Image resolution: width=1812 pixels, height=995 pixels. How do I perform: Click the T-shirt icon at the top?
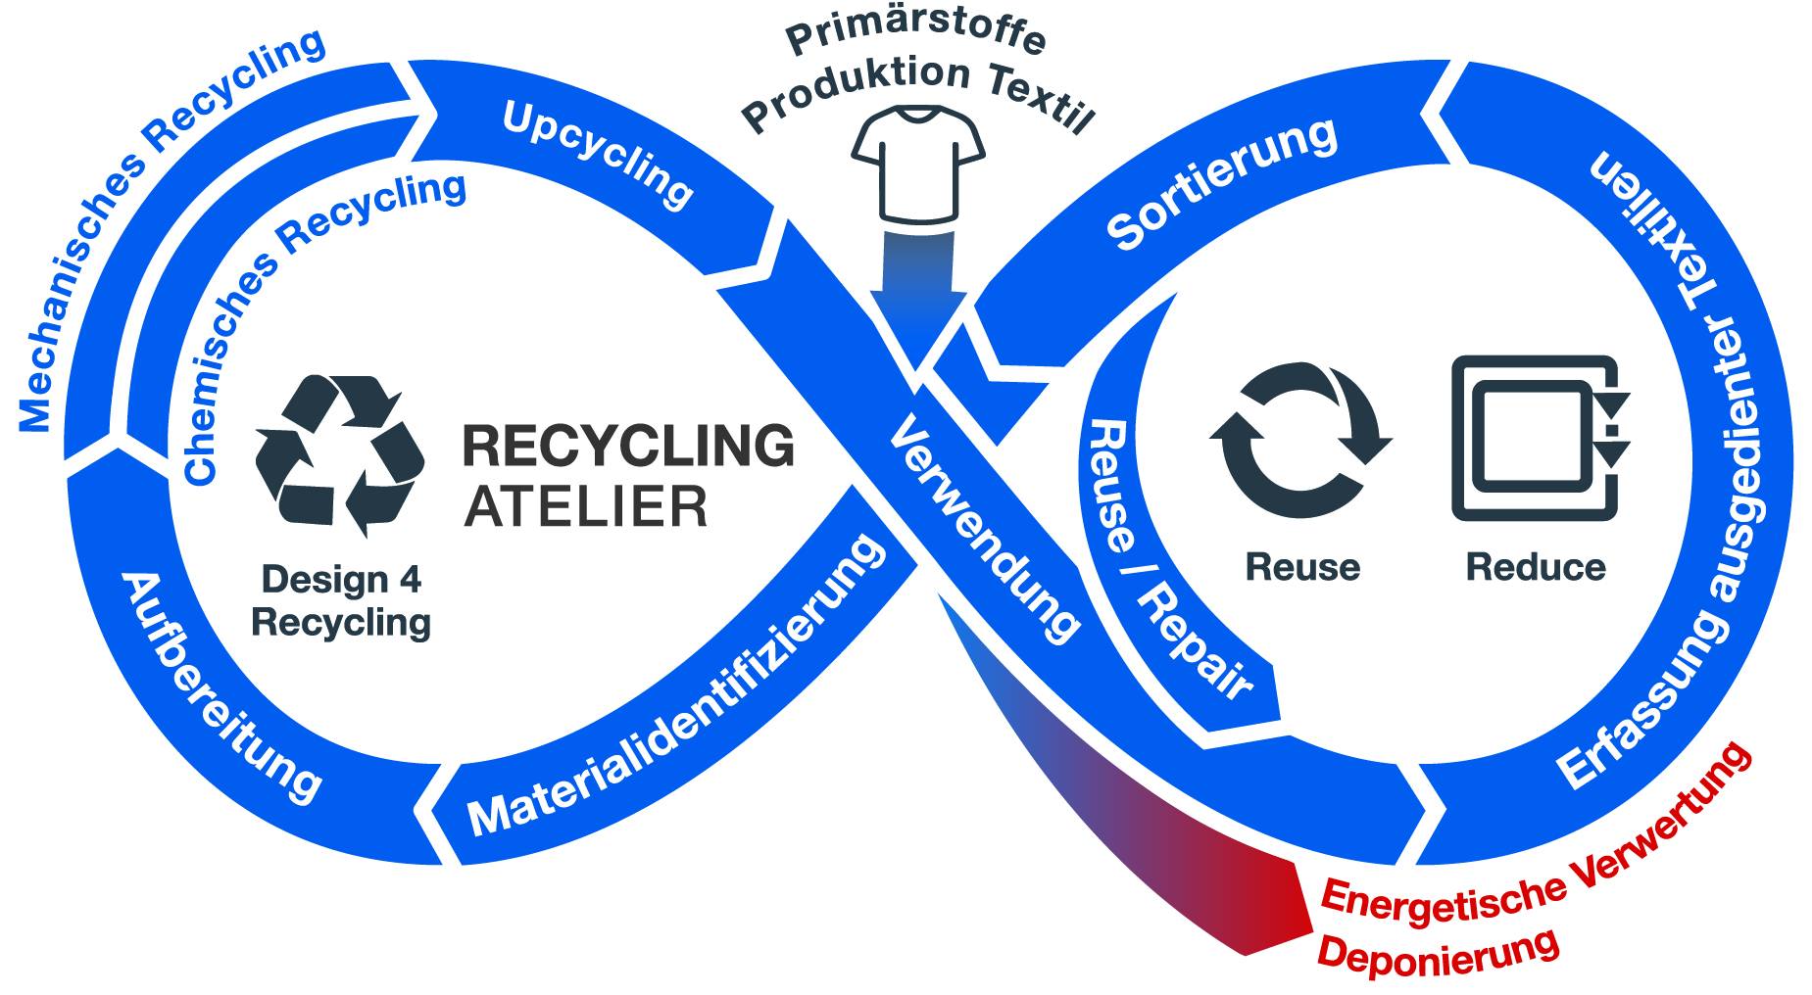point(917,165)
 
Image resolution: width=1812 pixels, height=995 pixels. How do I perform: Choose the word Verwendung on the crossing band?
point(986,530)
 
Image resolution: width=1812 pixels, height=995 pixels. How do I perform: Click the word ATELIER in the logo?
point(585,505)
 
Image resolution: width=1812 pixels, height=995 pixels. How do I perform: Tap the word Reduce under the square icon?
point(1536,567)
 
